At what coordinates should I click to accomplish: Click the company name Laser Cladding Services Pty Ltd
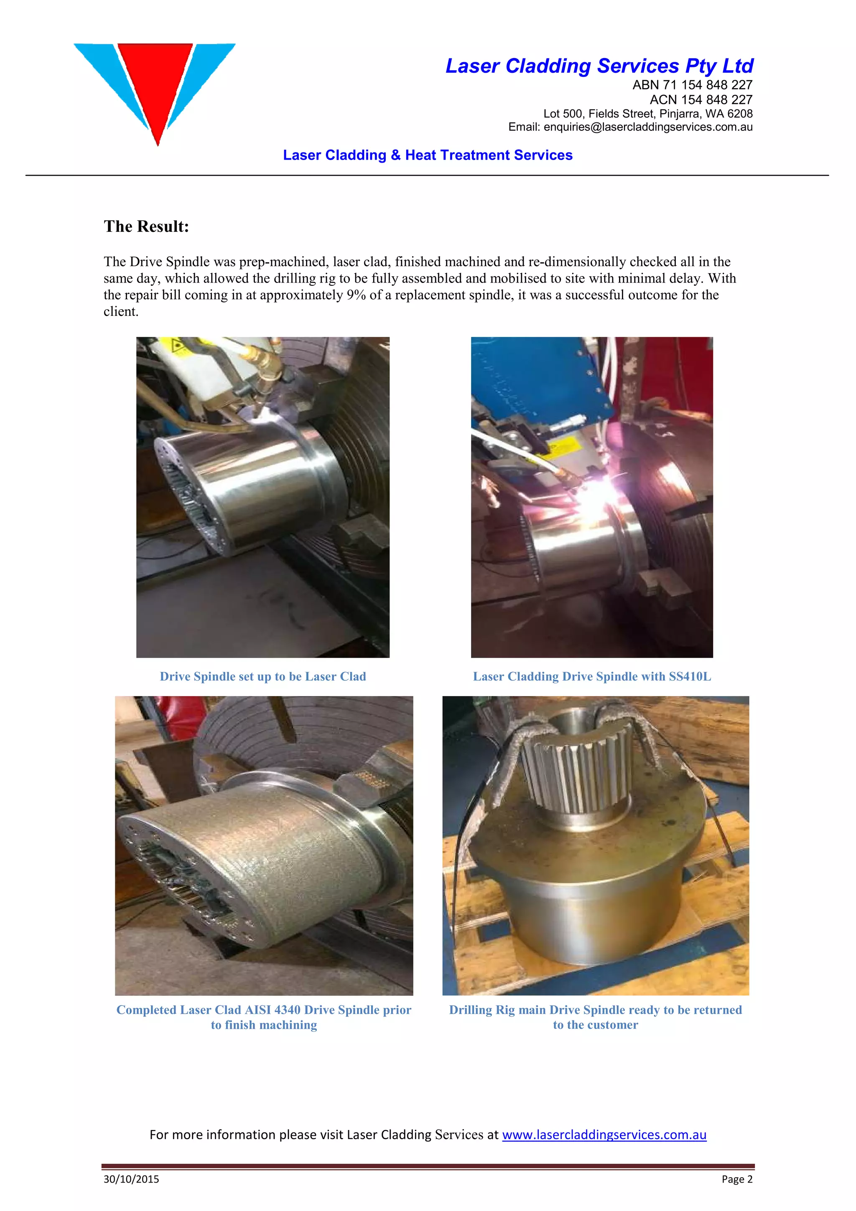point(599,66)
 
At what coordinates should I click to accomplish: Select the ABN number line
point(692,85)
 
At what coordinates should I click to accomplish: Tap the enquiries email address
point(648,127)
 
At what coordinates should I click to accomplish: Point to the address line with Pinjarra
point(648,113)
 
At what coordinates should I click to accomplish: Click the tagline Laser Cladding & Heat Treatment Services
point(427,155)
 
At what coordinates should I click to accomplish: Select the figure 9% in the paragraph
point(356,295)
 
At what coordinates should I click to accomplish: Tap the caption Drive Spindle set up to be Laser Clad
point(262,676)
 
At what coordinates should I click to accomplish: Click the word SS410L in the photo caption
point(689,676)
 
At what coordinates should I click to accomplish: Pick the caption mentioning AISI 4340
point(264,1010)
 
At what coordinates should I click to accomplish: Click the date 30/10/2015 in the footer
point(131,1179)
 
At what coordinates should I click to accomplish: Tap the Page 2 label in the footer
point(737,1179)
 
